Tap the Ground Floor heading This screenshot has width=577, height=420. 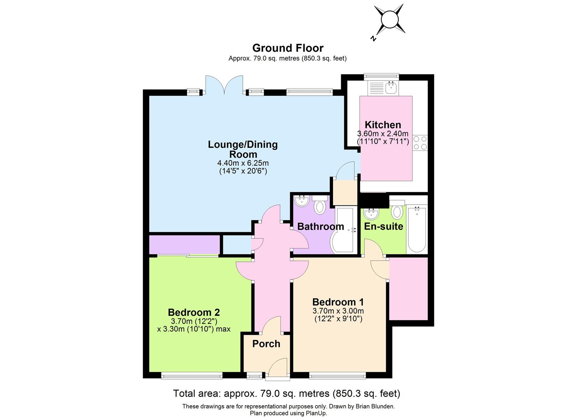(288, 48)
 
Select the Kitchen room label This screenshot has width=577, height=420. (383, 125)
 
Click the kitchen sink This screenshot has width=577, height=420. (391, 88)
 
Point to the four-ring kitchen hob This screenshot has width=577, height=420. (420, 143)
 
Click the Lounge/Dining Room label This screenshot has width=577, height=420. (243, 149)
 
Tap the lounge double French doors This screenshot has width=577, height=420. (224, 85)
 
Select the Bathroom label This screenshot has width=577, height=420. (321, 226)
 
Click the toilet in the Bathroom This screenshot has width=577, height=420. (320, 206)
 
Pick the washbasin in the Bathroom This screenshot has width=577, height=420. (301, 201)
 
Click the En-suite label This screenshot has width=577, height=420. (384, 226)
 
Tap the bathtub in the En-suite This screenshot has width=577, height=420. (417, 229)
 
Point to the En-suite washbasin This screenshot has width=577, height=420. (371, 213)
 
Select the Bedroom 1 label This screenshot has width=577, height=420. (338, 302)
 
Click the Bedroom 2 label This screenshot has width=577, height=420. (194, 312)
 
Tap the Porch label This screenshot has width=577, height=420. (266, 344)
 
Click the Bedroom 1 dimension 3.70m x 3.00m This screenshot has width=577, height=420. (338, 311)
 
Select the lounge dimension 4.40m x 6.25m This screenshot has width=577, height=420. (243, 163)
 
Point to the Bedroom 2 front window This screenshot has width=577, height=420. (192, 375)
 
